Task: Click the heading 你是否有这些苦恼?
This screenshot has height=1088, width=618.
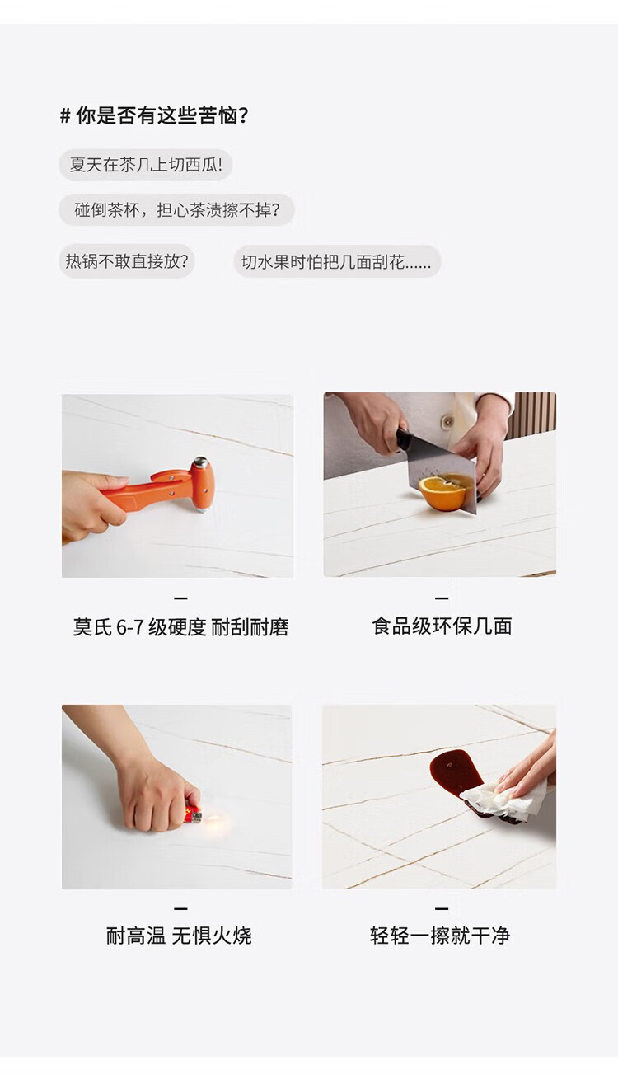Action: pos(162,115)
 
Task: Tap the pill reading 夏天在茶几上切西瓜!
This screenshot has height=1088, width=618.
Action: pos(146,165)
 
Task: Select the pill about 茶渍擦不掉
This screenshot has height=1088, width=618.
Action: pos(176,210)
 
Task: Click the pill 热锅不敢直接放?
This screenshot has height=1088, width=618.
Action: pos(127,261)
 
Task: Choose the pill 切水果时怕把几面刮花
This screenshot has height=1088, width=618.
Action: pos(337,262)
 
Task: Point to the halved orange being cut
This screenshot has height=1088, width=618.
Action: pos(442,493)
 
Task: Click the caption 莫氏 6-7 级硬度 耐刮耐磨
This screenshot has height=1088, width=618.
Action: pos(180,627)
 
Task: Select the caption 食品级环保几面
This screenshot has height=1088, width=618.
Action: pos(442,626)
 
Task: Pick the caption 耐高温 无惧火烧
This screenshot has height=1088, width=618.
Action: pos(179,936)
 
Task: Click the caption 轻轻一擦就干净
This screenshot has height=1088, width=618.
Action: pos(440,935)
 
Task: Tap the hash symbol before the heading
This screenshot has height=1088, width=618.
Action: pos(65,116)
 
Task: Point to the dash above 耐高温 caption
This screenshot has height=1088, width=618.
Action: pos(180,907)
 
